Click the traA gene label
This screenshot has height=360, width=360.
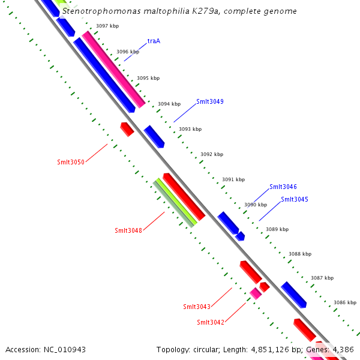(154, 41)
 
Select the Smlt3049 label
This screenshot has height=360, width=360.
(209, 102)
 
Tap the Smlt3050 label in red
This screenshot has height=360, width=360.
(71, 162)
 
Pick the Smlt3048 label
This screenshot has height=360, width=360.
(128, 230)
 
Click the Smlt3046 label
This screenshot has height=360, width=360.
(283, 187)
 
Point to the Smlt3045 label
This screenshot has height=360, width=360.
(294, 199)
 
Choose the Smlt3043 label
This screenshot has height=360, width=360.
(197, 307)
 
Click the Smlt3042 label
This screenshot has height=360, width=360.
(211, 322)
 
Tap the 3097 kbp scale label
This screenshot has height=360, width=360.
(107, 26)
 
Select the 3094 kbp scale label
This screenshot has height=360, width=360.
(169, 104)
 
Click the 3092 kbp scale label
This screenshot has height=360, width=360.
(212, 154)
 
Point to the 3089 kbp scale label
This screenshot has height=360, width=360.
(277, 229)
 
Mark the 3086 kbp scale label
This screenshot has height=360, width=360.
(345, 302)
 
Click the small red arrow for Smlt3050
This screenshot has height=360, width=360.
(127, 129)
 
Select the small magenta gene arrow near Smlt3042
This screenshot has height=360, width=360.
(256, 293)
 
